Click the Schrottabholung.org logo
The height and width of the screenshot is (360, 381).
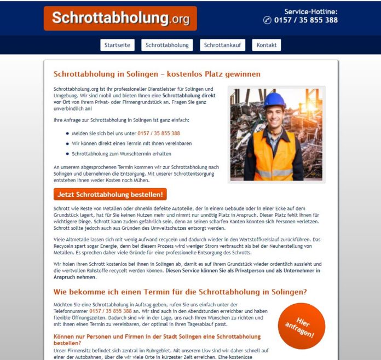(120, 19)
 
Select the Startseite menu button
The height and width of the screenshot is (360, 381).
(118, 45)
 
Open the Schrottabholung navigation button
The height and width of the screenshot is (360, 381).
(167, 45)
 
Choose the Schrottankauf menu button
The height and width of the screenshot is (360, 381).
(222, 45)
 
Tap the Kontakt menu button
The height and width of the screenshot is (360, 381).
(266, 45)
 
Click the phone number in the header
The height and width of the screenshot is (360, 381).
(306, 21)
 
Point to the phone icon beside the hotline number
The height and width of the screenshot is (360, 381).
(267, 21)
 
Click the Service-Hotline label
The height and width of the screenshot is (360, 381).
(310, 11)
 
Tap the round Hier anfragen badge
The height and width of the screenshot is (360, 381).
(302, 326)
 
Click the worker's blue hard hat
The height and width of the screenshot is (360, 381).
(274, 100)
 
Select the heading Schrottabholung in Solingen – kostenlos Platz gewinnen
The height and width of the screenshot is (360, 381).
(157, 74)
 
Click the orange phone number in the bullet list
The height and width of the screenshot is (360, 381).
(159, 133)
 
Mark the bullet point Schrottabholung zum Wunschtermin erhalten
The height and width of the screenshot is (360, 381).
(121, 154)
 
